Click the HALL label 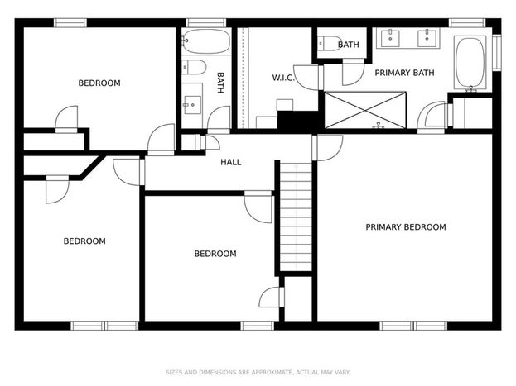point(231,162)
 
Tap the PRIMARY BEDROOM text point(406,227)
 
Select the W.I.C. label point(282,78)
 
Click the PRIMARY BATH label point(404,73)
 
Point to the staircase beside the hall point(296,217)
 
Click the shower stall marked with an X point(365,110)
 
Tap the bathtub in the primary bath point(470,63)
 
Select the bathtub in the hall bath point(206,41)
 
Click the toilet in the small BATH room point(330,43)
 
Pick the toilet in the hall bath point(194,67)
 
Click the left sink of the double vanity point(390,39)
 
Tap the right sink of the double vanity point(427,39)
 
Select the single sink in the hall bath point(192,105)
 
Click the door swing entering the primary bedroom point(327,148)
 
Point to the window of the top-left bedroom point(70,23)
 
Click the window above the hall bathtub point(206,23)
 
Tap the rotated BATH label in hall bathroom point(220,83)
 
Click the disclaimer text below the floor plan point(258,372)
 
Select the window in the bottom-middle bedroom point(257,326)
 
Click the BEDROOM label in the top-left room point(99,83)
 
